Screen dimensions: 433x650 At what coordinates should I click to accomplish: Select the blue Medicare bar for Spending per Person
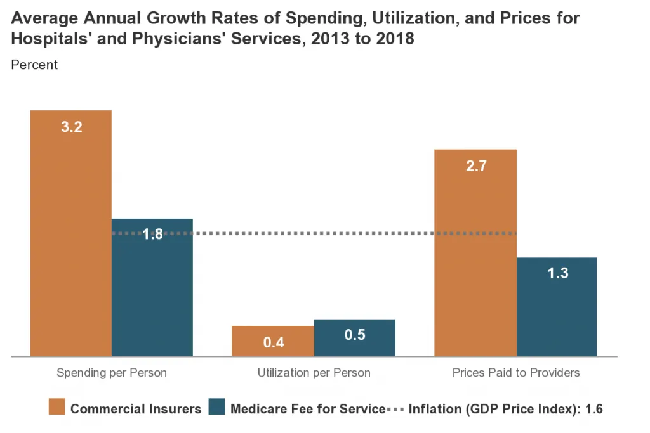coord(152,292)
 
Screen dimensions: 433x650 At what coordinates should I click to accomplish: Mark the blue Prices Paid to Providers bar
coord(557,311)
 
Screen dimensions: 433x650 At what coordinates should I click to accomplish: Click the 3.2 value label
coord(71,127)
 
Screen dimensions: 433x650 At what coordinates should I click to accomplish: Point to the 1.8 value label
coord(152,234)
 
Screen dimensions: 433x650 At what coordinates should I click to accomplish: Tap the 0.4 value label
coord(274,343)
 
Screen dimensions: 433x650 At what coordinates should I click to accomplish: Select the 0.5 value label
coord(355,335)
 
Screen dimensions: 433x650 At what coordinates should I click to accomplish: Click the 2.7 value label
coord(475,166)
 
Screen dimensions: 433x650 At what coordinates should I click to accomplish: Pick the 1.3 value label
coord(557,274)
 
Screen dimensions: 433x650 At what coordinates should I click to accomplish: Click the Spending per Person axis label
coord(112,373)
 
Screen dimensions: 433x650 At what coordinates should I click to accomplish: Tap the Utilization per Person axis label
coord(314,373)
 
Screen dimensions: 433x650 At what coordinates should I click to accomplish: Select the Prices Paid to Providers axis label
coord(516,373)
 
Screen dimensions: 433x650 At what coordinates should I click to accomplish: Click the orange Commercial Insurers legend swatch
coord(56,408)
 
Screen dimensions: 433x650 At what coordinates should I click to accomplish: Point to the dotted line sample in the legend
coord(394,408)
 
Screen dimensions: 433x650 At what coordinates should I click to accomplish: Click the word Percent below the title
coord(34,65)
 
